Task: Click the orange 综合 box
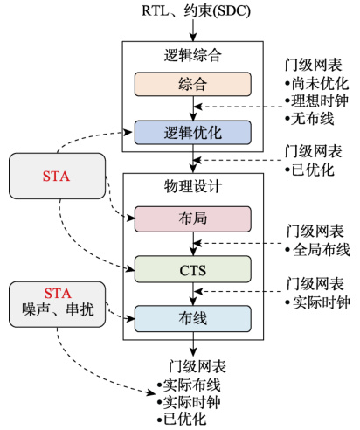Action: point(192,85)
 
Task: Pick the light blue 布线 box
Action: point(192,317)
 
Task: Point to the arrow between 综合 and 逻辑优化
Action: point(192,108)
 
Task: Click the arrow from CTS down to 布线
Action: point(192,293)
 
